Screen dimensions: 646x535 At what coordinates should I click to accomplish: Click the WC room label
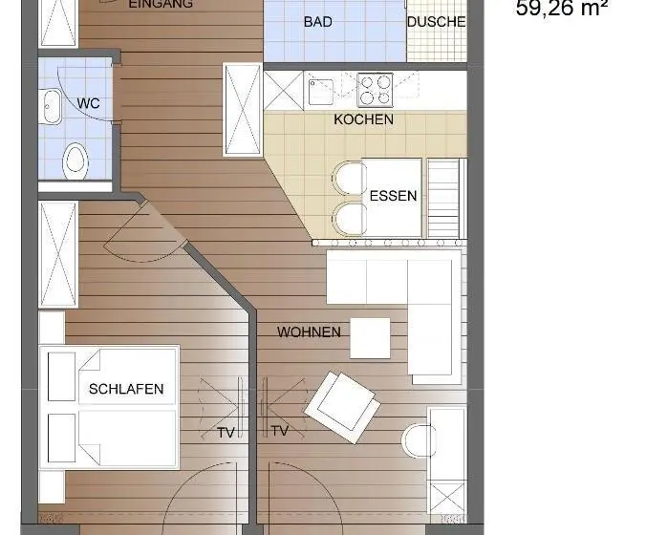tap(88, 103)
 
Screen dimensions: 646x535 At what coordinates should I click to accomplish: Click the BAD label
tap(317, 22)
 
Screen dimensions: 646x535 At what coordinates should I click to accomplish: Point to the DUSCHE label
tap(437, 22)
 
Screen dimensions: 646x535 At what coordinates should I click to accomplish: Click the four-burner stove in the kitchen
tap(375, 90)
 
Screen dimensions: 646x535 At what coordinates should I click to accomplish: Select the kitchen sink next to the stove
tap(321, 92)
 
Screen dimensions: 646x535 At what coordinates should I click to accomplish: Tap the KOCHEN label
tap(363, 119)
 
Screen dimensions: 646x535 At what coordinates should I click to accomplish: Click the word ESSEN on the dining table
tap(393, 196)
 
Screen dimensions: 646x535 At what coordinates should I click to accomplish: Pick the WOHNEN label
tap(309, 332)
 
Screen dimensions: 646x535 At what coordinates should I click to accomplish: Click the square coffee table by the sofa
tap(370, 338)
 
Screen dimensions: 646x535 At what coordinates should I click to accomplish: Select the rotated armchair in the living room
tap(342, 407)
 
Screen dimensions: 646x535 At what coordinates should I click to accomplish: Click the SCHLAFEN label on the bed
tap(126, 389)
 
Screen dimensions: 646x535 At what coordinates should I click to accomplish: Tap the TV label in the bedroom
tap(226, 433)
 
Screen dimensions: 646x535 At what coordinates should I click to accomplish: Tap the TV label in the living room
tap(279, 431)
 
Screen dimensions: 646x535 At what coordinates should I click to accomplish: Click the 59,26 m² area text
tap(562, 9)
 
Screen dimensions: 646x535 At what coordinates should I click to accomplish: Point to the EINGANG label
tap(161, 4)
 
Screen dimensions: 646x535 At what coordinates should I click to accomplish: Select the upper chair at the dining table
tap(349, 178)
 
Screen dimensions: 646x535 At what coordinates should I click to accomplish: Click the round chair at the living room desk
tap(419, 440)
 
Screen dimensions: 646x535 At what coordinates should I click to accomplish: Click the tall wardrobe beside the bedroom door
tap(58, 254)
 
